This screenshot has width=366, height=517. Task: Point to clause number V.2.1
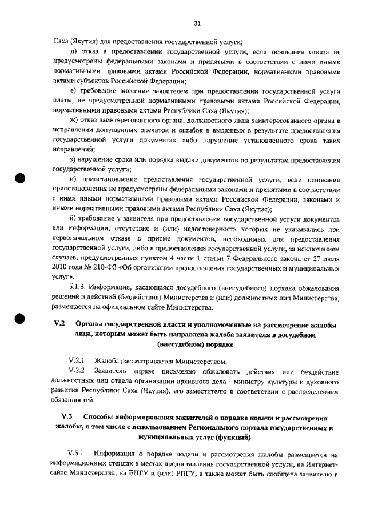pos(77,361)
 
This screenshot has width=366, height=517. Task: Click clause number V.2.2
pos(77,371)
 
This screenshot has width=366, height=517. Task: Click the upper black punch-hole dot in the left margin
pos(21,177)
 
